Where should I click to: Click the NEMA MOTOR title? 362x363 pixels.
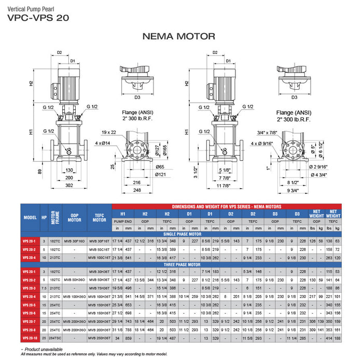[x=178, y=36]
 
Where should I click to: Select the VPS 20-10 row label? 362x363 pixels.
[x=30, y=338]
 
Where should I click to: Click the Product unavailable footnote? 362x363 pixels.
[x=44, y=349]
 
